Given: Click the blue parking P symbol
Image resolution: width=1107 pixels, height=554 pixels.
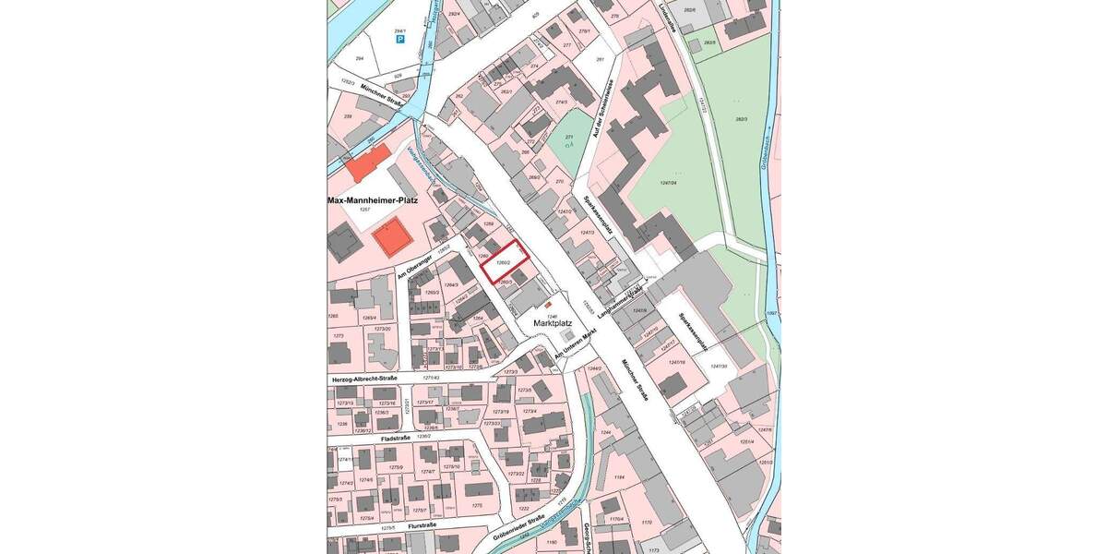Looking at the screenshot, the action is point(399,40).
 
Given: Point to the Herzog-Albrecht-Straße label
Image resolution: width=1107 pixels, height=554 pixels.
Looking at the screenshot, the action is point(363,379).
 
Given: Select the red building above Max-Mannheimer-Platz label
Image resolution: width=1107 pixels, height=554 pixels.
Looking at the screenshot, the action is point(362,167).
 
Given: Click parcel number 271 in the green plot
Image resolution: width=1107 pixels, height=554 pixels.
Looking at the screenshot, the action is point(569,137).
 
